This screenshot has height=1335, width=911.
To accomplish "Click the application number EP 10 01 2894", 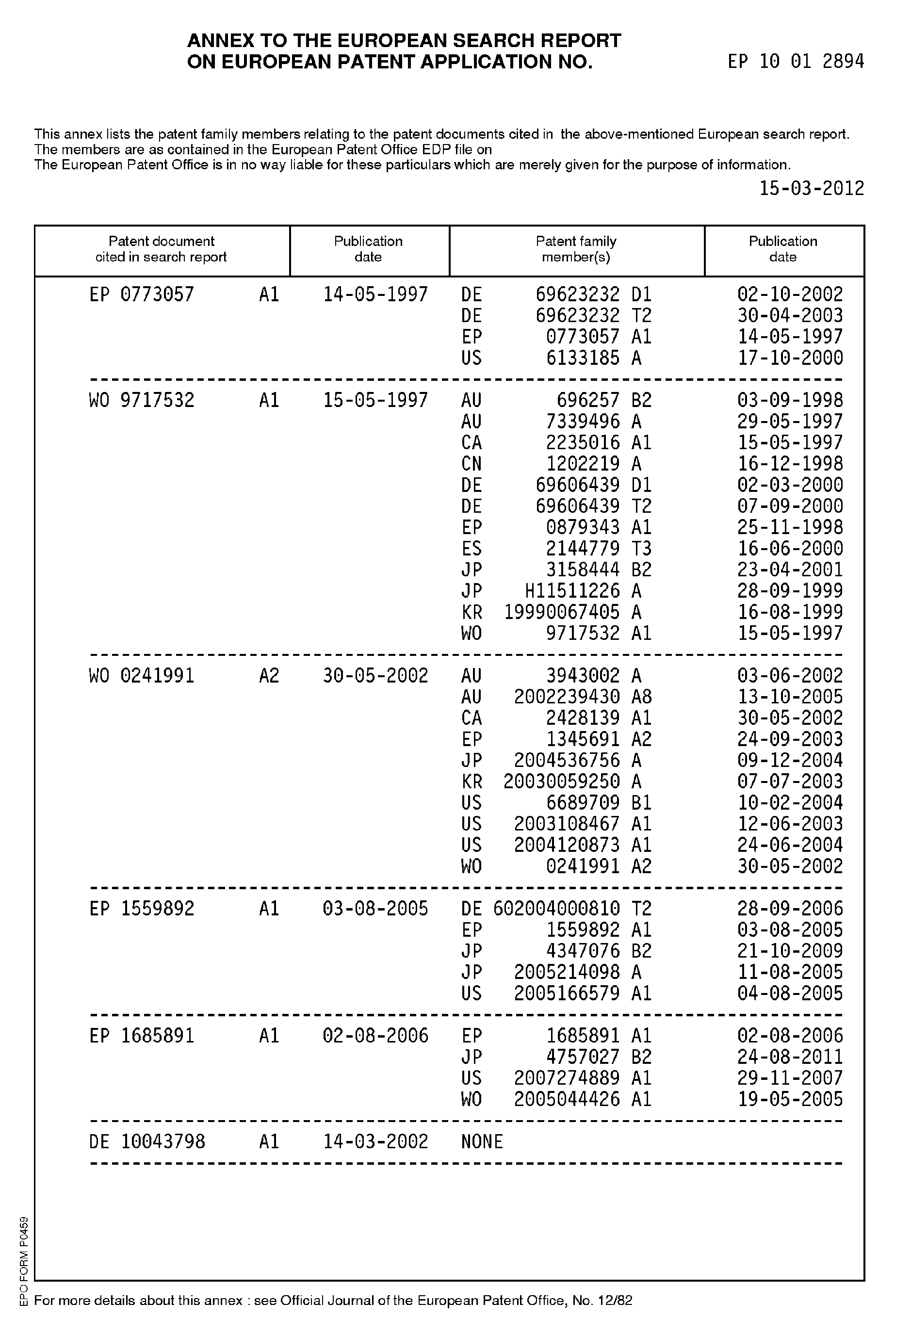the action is coord(795,62).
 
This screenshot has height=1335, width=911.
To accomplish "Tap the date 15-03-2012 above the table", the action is coord(811,188).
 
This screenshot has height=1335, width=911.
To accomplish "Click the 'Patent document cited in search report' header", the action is coord(161,249).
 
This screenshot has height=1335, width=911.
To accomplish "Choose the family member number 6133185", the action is coord(583,358).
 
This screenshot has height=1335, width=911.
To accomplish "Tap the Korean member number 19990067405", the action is coord(562,612).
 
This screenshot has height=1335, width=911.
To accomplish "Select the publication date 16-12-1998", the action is coord(790,464).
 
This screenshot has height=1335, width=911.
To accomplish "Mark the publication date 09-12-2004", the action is coord(790,761).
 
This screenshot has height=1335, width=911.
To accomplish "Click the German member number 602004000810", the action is coord(556,909).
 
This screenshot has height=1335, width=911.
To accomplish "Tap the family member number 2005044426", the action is coord(567,1099).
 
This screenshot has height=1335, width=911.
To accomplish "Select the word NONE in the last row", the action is coord(482,1141).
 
